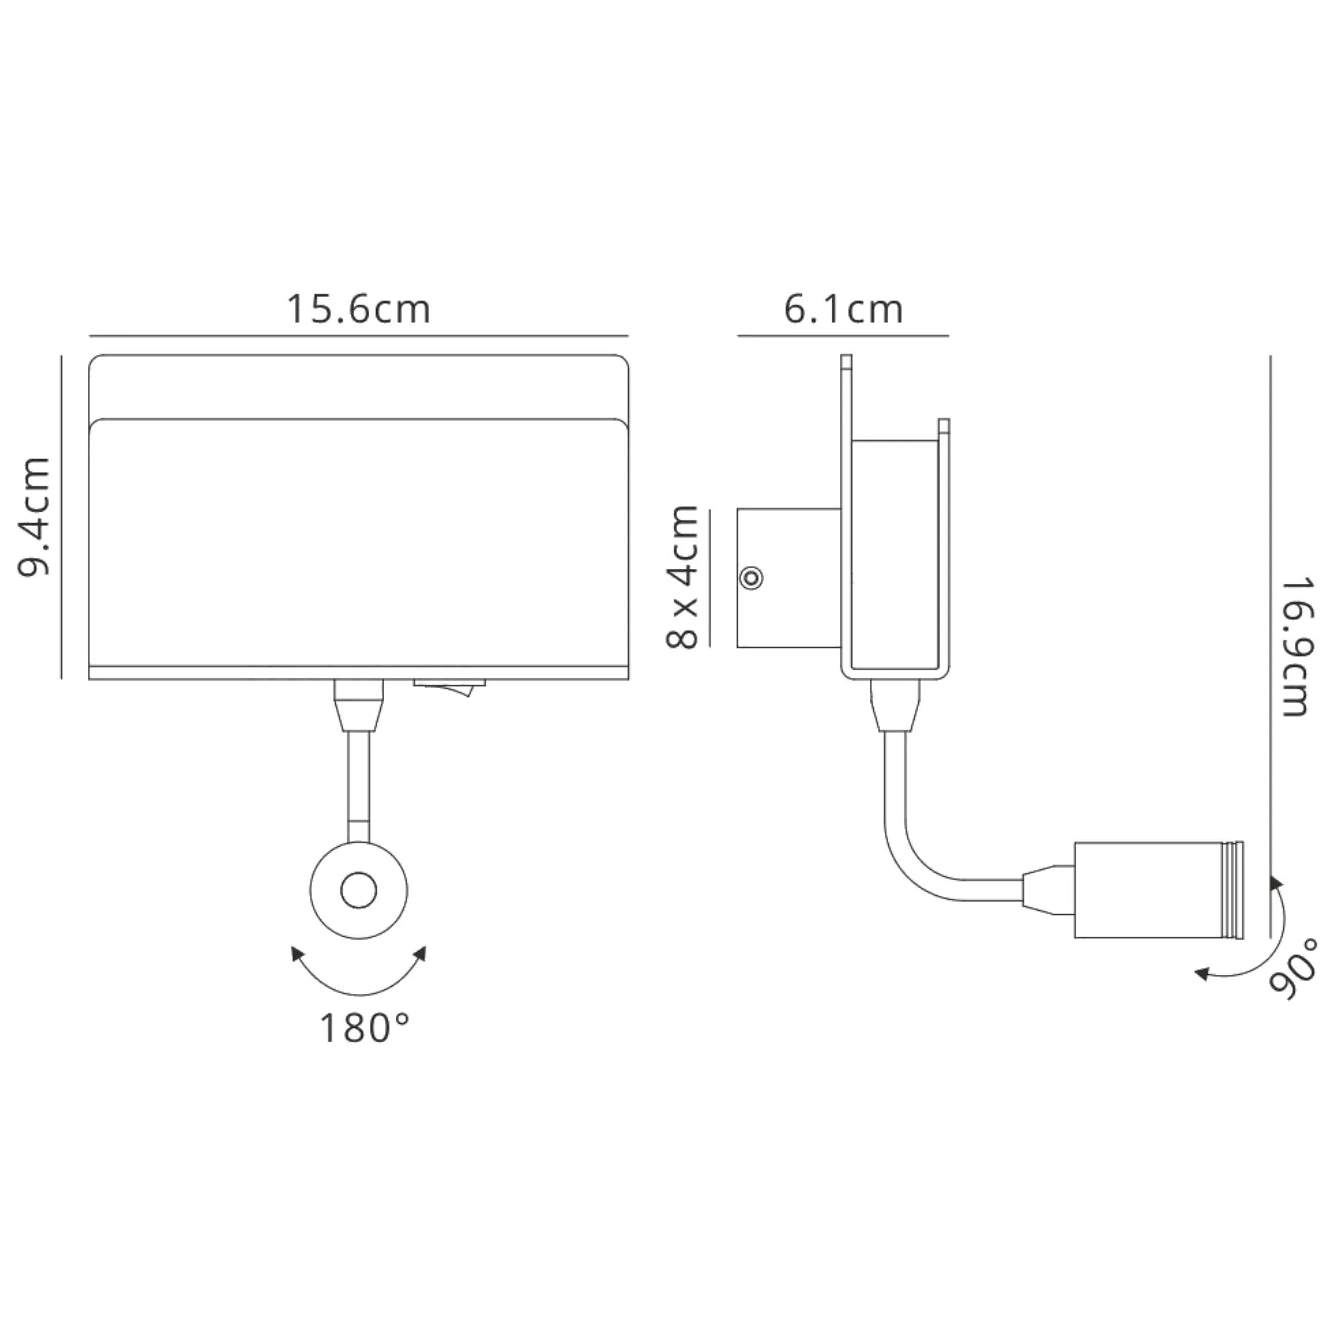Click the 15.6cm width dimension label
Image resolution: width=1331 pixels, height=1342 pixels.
(x=358, y=309)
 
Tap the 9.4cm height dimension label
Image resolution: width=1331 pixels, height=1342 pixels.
(x=35, y=516)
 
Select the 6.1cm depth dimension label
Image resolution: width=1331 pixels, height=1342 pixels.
(x=843, y=309)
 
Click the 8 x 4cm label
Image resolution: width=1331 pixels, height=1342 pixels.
(x=682, y=576)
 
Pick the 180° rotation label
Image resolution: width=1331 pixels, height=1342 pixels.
(x=364, y=1029)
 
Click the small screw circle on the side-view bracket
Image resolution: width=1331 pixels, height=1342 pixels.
(x=751, y=578)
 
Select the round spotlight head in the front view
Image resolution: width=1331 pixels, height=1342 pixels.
(x=358, y=890)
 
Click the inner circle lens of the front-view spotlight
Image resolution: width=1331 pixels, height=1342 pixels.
(x=358, y=891)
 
